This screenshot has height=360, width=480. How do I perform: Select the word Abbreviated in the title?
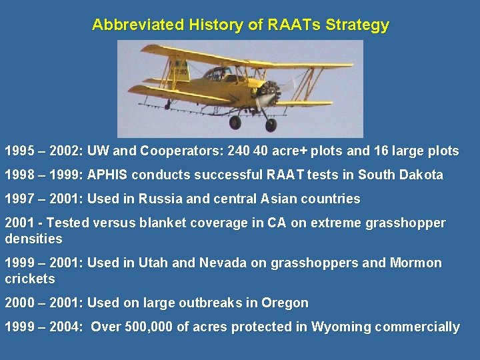pos(137,25)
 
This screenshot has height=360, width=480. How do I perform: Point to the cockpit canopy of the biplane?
pos(217,73)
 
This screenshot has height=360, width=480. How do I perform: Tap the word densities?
pos(33,239)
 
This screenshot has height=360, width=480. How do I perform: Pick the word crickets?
pos(30,279)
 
